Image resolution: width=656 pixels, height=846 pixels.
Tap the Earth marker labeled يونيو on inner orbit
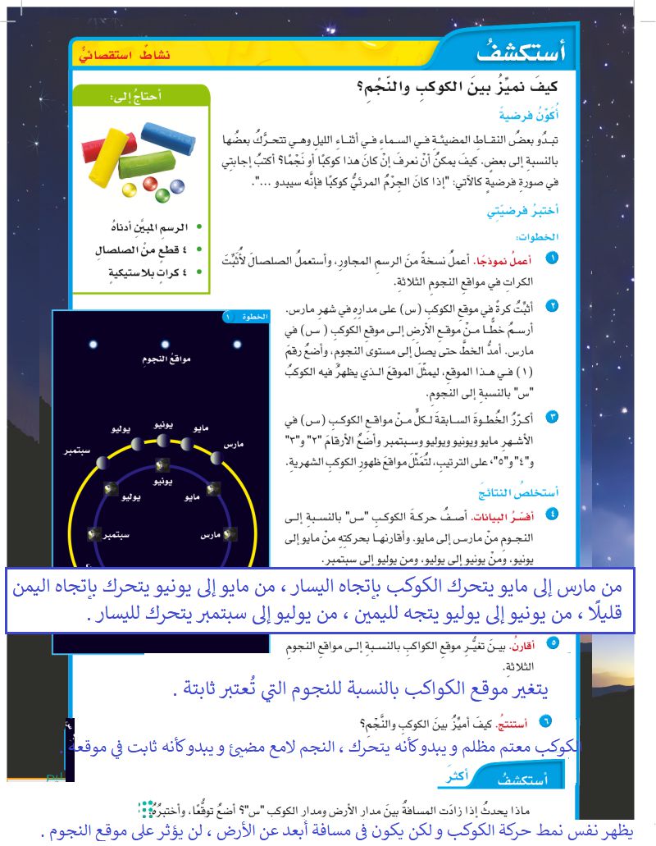tap(158, 472)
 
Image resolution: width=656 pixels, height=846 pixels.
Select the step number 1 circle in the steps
tap(553, 259)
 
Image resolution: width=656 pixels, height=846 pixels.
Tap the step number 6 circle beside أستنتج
tap(547, 721)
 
